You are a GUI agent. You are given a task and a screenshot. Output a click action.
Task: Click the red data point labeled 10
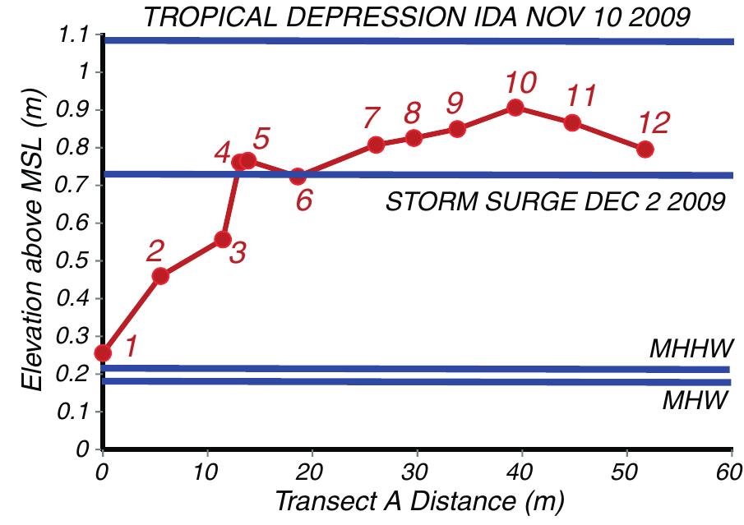tap(515, 108)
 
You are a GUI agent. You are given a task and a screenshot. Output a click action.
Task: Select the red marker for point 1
tap(103, 352)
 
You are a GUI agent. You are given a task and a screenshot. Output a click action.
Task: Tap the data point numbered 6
tap(298, 176)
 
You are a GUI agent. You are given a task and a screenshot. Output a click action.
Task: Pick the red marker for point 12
tap(645, 150)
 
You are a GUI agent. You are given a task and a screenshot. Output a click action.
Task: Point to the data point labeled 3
tap(222, 239)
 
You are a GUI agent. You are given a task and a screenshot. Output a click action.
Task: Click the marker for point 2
tap(160, 276)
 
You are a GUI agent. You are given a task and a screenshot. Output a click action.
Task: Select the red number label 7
tap(372, 118)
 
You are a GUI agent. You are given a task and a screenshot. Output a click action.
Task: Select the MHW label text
tap(695, 402)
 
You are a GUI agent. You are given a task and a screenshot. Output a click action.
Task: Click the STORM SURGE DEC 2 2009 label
tap(555, 202)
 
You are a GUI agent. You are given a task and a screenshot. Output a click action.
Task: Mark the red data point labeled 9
tap(457, 129)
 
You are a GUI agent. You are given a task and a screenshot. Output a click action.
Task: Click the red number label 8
tap(413, 111)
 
